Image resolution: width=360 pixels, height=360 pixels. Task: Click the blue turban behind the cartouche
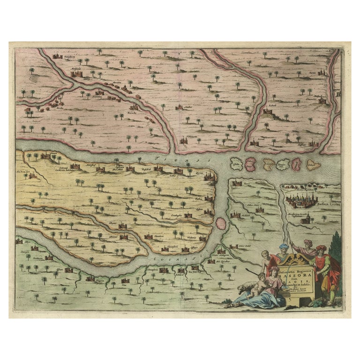click(x=285, y=247)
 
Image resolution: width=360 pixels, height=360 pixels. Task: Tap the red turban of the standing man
click(x=320, y=248)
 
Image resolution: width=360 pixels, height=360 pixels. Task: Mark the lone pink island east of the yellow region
click(x=220, y=224)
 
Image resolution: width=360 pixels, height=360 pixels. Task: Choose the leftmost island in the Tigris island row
click(x=237, y=164)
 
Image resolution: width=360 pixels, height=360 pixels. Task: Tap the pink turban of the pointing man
click(x=307, y=242)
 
